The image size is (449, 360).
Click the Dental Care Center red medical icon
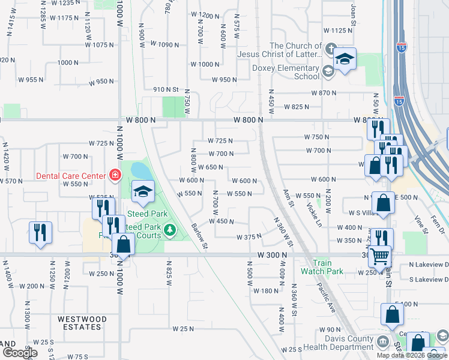pyautogui.click(x=115, y=175)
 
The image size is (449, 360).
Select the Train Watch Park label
pyautogui.click(x=327, y=267)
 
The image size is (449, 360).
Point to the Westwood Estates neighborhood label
pyautogui.click(x=82, y=323)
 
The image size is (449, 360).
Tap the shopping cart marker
pyautogui.click(x=380, y=256)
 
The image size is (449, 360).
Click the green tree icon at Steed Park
pyautogui.click(x=170, y=230)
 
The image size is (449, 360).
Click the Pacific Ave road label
pyautogui.click(x=327, y=294)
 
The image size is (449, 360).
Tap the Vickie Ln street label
pyautogui.click(x=313, y=214)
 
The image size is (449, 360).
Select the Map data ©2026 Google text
pyautogui.click(x=412, y=355)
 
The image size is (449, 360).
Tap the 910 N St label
pyautogui.click(x=166, y=89)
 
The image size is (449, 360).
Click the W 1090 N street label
pyautogui.click(x=165, y=44)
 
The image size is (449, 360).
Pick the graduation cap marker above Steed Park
pyautogui.click(x=143, y=192)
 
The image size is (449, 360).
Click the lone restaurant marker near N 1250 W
pyautogui.click(x=40, y=232)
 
